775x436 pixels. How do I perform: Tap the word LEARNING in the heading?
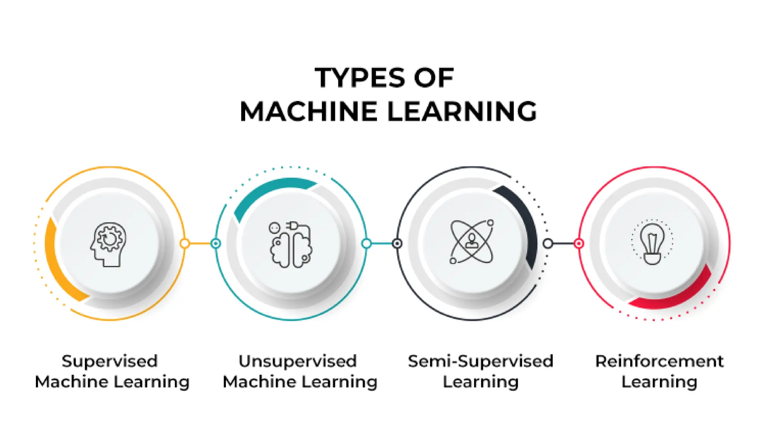(462, 112)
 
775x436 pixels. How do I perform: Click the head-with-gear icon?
(109, 244)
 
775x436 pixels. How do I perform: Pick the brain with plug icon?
(291, 244)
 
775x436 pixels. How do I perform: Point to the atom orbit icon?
(472, 242)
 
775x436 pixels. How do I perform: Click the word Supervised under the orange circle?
(110, 361)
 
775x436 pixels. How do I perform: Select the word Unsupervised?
(298, 361)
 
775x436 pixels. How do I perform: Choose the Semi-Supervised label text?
(481, 361)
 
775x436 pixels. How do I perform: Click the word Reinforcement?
(660, 361)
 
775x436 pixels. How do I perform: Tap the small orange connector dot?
(185, 243)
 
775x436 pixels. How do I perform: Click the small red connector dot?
(579, 243)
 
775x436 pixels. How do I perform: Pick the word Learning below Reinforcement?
(659, 381)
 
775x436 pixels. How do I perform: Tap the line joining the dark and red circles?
(564, 243)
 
